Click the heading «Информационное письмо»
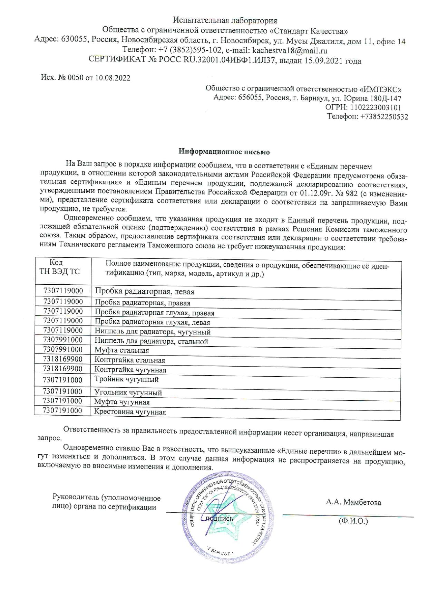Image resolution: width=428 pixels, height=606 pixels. pos(224,152)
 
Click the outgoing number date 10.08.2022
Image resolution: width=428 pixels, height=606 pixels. pos(113,78)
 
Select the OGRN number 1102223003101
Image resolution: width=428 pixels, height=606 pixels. pos(376,107)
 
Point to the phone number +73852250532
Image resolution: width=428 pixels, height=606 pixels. pos(384,117)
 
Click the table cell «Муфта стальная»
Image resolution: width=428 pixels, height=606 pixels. pos(122,351)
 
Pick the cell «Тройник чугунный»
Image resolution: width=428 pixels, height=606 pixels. pos(127,380)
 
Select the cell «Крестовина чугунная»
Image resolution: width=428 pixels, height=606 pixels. pos(130,412)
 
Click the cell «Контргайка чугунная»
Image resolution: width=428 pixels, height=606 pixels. pos(130,370)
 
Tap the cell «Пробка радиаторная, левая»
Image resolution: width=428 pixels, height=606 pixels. pos(145,292)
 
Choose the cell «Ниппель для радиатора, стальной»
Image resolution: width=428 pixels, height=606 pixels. pos(152,342)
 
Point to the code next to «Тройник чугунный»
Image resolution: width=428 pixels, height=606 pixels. pos(63,380)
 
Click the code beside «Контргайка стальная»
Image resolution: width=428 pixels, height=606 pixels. pos(63,359)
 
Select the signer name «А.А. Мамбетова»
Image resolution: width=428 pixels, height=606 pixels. pos(353,502)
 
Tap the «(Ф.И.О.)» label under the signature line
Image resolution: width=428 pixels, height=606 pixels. pos(353,521)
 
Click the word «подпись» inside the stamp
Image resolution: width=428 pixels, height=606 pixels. pos(220,519)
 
